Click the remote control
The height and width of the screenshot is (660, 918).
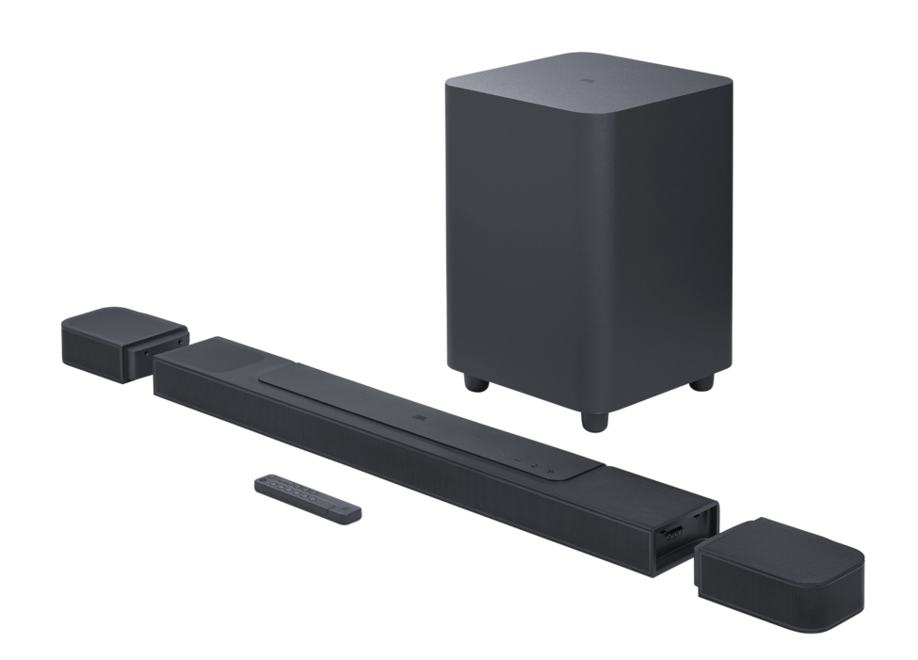point(307,498)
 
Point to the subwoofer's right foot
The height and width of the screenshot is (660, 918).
point(701,381)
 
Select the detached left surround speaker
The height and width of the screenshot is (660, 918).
point(122,343)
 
